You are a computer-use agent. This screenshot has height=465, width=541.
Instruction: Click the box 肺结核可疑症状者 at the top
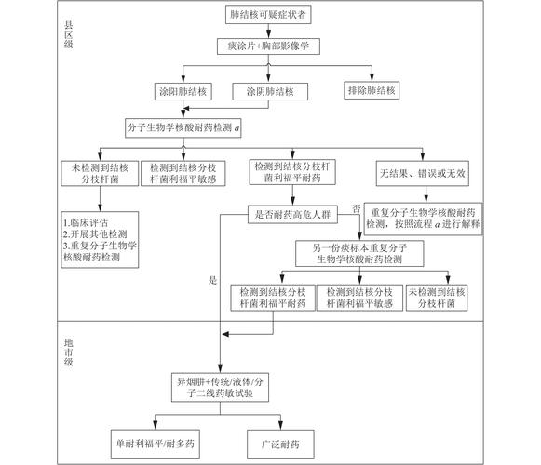point(268,15)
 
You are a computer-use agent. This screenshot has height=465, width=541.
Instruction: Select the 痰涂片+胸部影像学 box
point(268,46)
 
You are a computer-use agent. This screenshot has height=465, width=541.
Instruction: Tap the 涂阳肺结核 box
point(183,91)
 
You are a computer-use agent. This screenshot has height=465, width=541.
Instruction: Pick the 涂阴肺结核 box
point(270,91)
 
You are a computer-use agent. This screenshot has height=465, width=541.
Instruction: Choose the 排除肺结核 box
point(372,90)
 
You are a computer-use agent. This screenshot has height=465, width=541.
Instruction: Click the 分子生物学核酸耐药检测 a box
point(183,128)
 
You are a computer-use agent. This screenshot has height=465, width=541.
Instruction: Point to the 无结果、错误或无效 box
point(423,173)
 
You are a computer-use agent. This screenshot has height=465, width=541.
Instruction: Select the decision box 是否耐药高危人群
point(292,215)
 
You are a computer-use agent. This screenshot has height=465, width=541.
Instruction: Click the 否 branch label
point(356,207)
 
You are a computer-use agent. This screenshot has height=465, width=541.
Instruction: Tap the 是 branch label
point(212,280)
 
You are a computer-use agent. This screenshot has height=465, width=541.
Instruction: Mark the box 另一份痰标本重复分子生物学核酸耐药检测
point(359,254)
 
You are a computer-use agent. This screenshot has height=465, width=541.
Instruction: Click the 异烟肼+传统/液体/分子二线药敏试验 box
point(220,387)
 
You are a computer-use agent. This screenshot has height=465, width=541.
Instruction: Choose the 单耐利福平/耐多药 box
point(156,444)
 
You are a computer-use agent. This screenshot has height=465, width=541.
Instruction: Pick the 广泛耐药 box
point(280,445)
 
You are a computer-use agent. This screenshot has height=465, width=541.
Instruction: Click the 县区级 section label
point(68,34)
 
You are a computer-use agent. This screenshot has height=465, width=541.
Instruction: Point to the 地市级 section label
point(68,352)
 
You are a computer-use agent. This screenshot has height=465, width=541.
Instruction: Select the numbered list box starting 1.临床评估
point(100,240)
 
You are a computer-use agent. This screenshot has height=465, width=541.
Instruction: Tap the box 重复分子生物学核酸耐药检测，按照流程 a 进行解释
point(424,219)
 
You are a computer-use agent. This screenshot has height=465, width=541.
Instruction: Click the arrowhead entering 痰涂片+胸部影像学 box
point(268,34)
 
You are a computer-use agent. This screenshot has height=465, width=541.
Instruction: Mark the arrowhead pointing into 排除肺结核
point(372,78)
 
